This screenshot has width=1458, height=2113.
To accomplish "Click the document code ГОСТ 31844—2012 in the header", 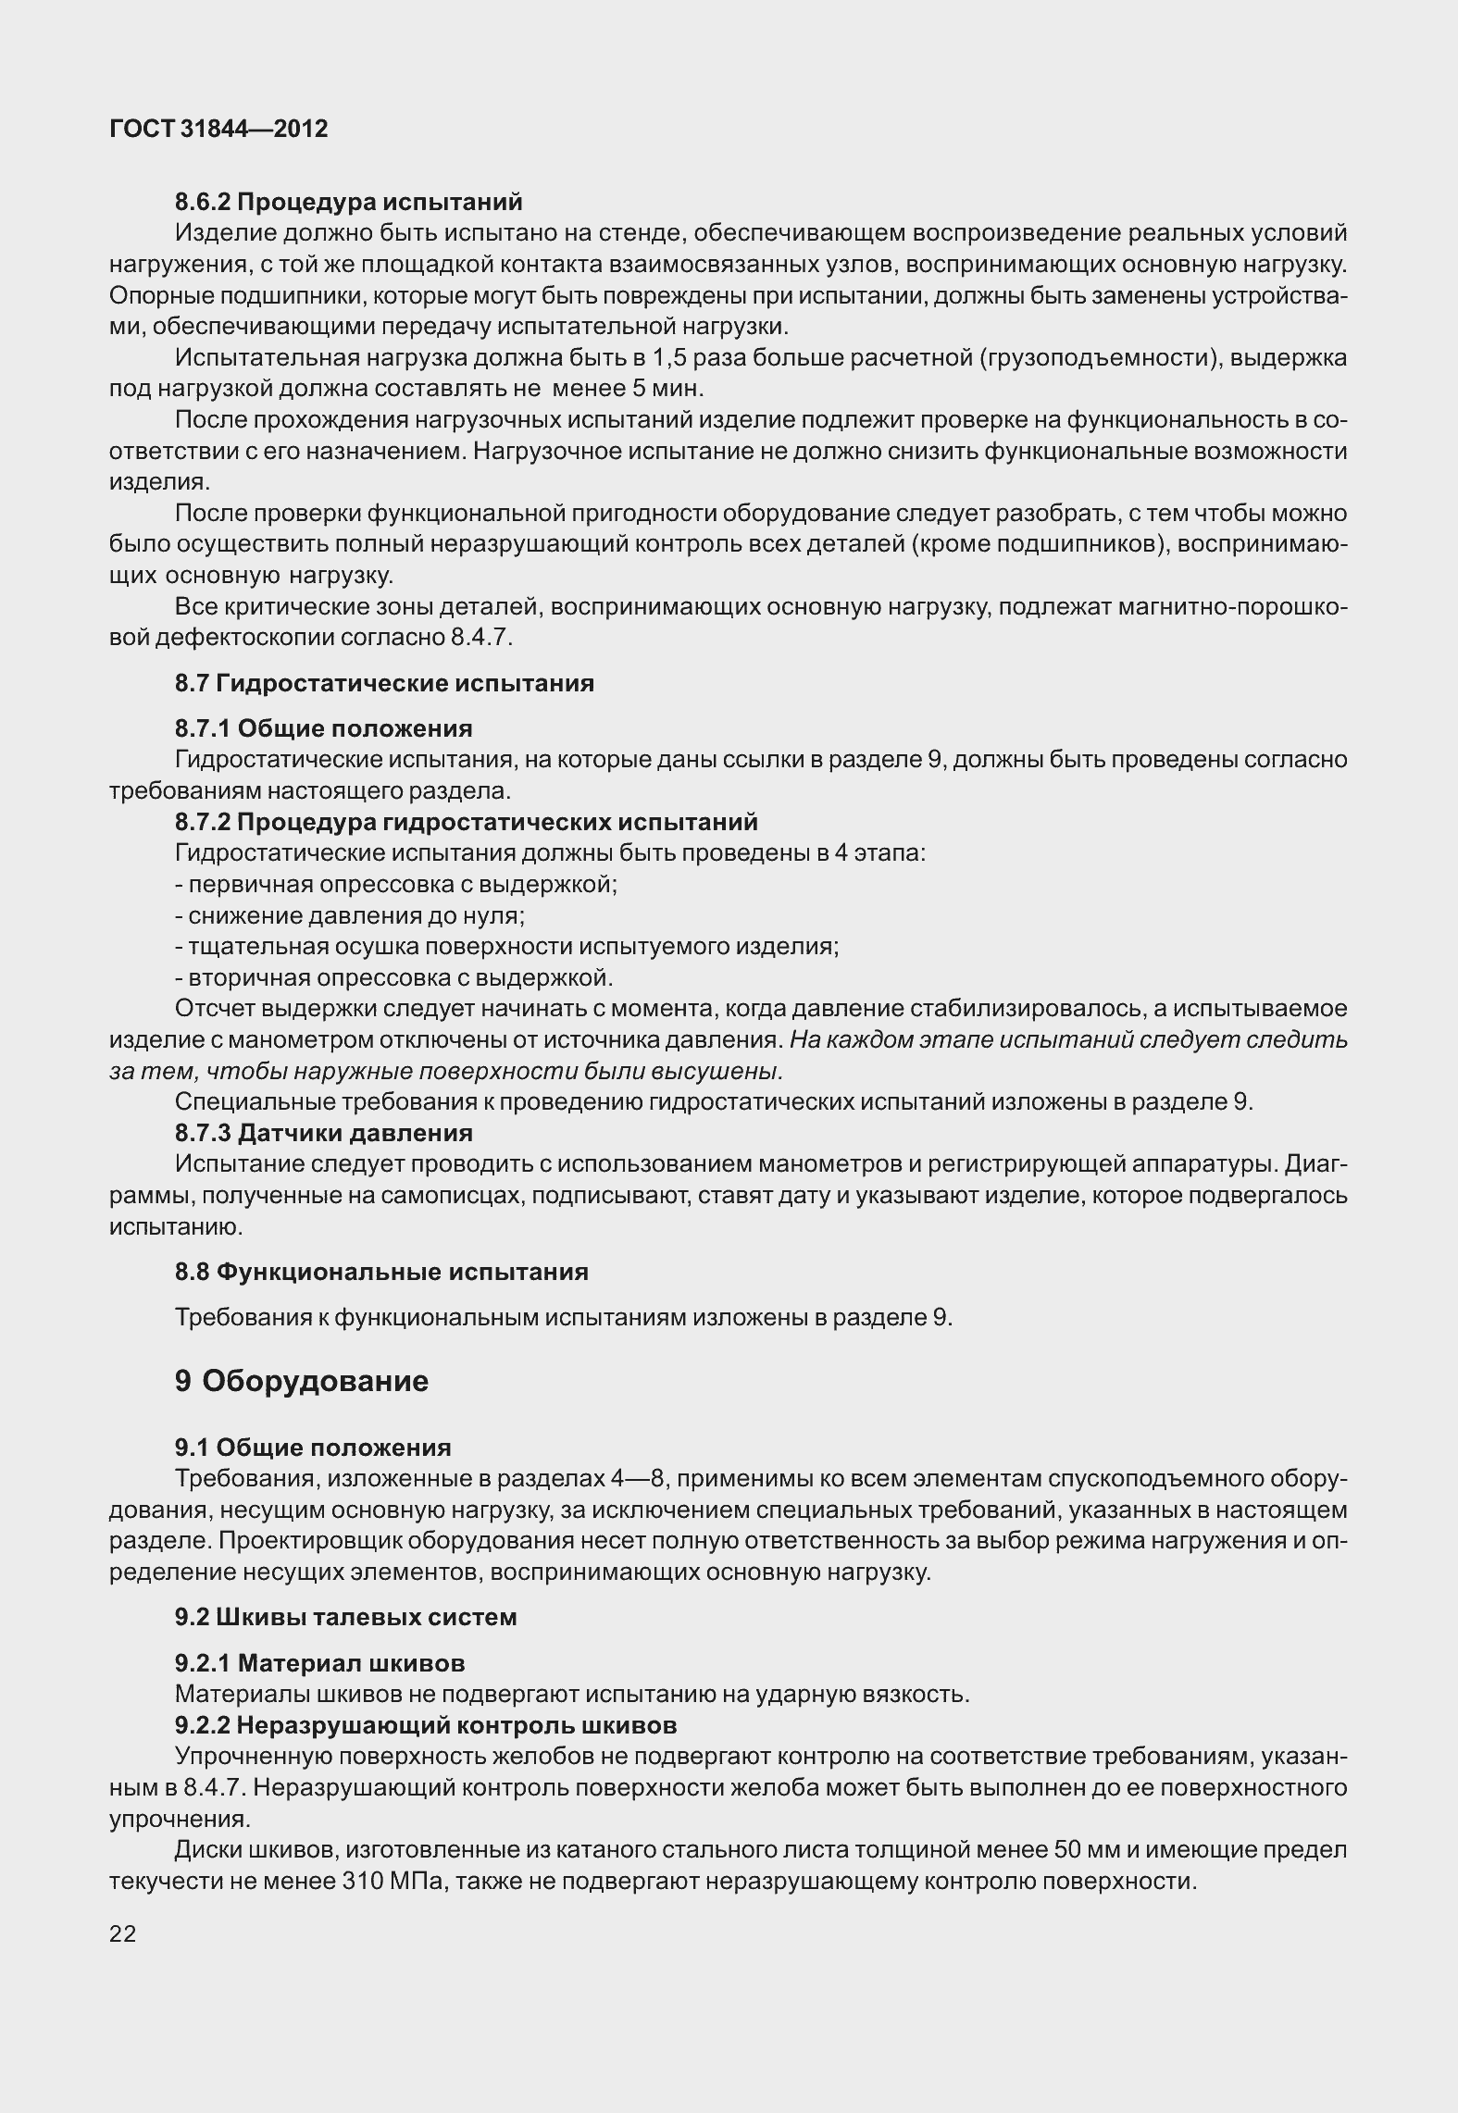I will (218, 129).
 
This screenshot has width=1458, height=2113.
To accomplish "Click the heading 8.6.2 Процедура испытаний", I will (349, 202).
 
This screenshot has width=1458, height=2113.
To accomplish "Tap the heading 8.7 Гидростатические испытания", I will (384, 683).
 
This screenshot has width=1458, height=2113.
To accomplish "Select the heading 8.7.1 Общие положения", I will (323, 728).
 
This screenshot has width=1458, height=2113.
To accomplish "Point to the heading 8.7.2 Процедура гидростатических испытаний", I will (466, 822).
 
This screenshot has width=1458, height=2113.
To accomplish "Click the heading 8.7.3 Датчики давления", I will (323, 1133).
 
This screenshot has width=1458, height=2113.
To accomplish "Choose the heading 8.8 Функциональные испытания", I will (381, 1272).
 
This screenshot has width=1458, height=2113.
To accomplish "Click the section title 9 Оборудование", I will (301, 1381).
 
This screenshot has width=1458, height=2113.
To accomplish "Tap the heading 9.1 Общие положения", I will (313, 1448).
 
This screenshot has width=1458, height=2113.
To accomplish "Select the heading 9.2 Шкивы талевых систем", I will (346, 1617).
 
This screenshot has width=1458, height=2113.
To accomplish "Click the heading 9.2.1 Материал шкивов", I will (319, 1663).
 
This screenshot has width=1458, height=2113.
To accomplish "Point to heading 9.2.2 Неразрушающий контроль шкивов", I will (425, 1725).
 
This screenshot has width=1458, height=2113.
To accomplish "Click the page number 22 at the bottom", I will (122, 1933).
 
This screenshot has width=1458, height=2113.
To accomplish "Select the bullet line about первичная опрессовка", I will (396, 884).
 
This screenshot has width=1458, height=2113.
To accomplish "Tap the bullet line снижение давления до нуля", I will (350, 915).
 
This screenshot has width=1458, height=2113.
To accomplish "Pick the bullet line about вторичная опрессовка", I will (394, 977).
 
